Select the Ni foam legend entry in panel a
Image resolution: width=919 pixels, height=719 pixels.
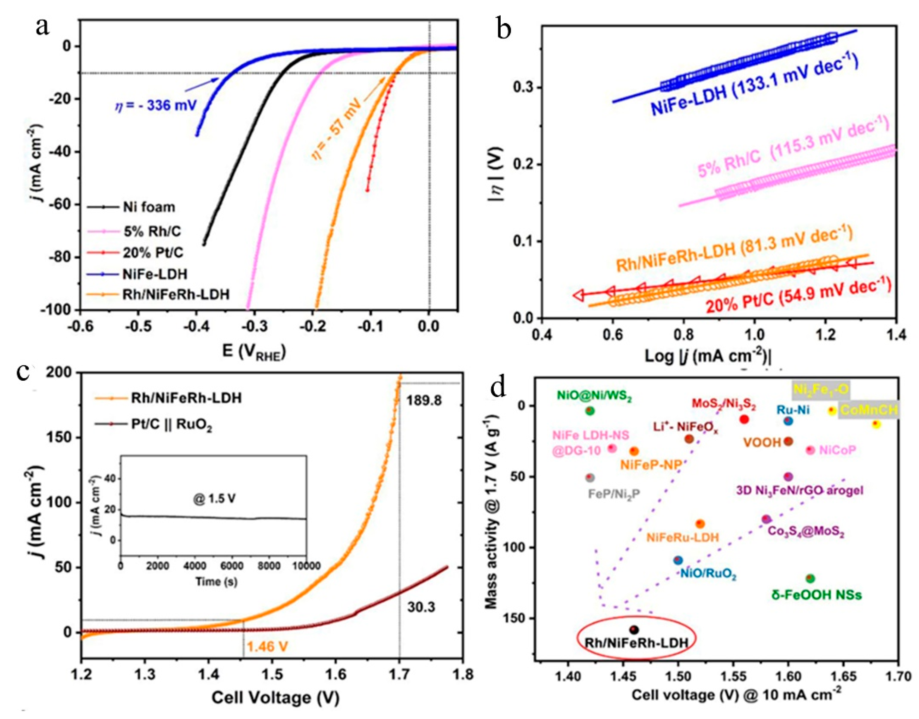148,207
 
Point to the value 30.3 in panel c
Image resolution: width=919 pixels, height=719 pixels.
421,607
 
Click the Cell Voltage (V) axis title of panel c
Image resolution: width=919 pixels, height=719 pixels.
275,698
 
